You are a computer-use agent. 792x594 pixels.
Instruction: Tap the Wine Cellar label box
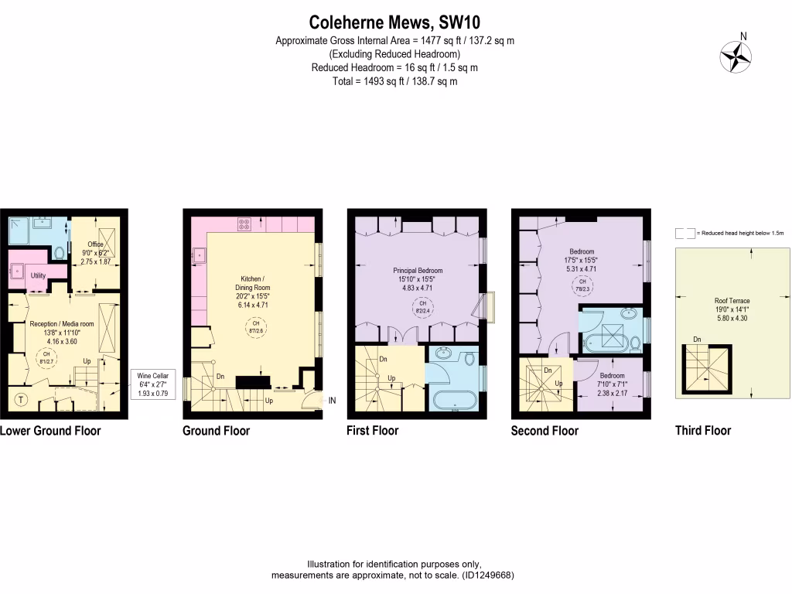pyautogui.click(x=153, y=384)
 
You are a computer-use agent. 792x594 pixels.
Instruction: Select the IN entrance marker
pyautogui.click(x=333, y=401)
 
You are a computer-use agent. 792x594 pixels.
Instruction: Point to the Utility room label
pyautogui.click(x=39, y=275)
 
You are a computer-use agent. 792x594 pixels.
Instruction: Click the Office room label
pyautogui.click(x=95, y=245)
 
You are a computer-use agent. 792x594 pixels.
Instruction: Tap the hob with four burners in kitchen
pyautogui.click(x=245, y=224)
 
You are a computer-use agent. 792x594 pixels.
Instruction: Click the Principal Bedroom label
pyautogui.click(x=417, y=271)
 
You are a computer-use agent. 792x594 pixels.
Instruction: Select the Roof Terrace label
pyautogui.click(x=732, y=301)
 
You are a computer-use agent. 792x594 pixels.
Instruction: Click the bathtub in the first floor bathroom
pyautogui.click(x=454, y=400)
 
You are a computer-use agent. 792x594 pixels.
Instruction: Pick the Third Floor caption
pyautogui.click(x=702, y=431)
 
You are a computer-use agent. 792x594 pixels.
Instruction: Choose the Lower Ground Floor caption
pyautogui.click(x=50, y=431)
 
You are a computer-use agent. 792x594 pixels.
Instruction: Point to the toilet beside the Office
pyautogui.click(x=60, y=252)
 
